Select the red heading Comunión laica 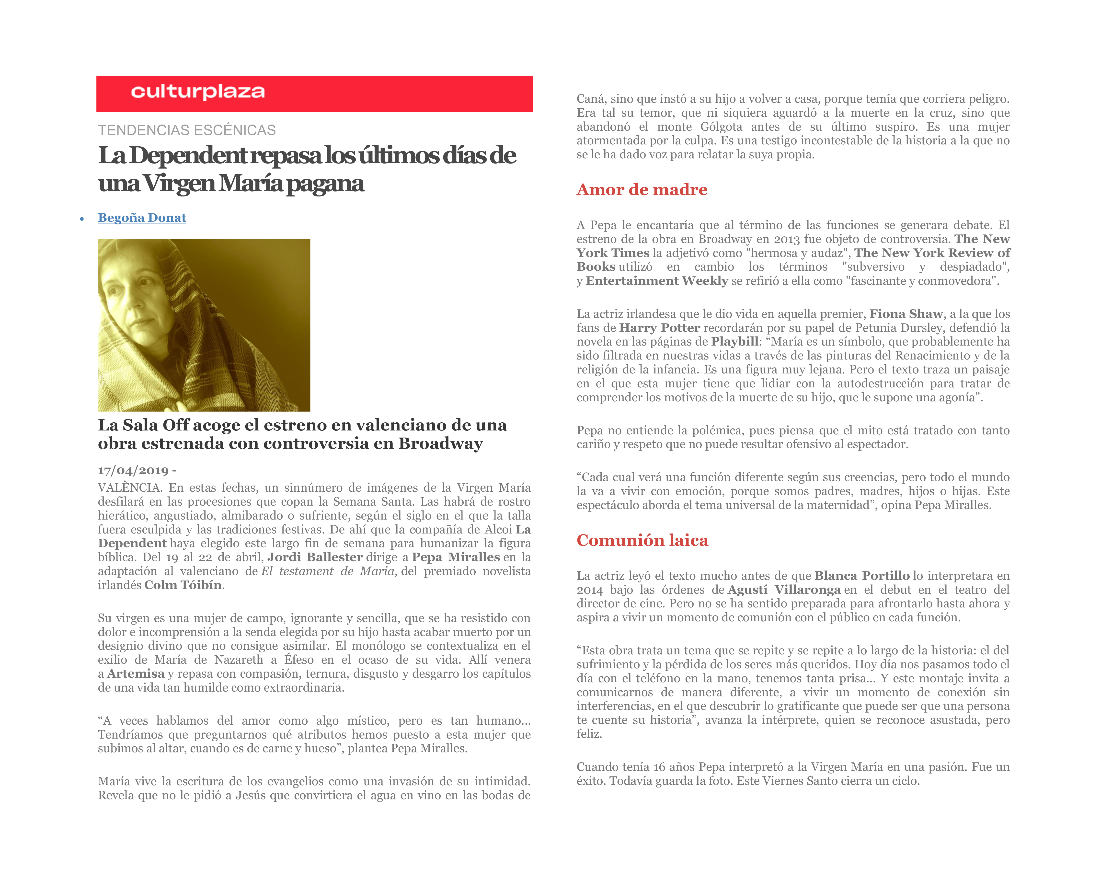click(x=642, y=540)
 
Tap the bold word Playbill click(x=734, y=342)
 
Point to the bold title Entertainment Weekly click(x=657, y=281)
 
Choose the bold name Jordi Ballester click(x=315, y=557)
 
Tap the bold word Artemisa click(x=136, y=674)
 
